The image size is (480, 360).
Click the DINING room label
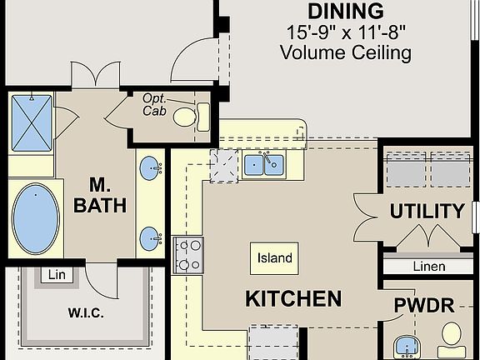tap(346, 12)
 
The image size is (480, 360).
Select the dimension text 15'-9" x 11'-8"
tap(346, 33)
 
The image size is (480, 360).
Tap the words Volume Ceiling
tap(346, 53)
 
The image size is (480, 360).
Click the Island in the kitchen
tap(274, 257)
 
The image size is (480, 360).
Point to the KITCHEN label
tap(292, 298)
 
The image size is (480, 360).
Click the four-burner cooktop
tap(187, 254)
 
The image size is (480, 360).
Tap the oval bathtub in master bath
tap(36, 219)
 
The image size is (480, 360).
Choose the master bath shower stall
tap(32, 122)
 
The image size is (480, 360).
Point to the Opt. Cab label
tap(155, 104)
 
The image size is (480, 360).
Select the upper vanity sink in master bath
tap(151, 166)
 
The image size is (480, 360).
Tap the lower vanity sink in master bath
tap(151, 237)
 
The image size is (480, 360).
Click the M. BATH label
tap(98, 194)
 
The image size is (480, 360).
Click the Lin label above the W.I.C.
tap(56, 274)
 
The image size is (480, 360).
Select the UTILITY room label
tap(427, 211)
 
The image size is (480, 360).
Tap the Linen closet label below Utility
tap(429, 267)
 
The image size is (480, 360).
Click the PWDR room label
tap(424, 306)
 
